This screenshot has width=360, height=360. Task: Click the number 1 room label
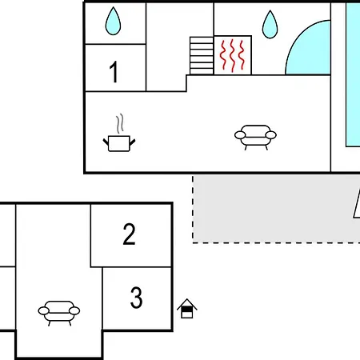point(114,72)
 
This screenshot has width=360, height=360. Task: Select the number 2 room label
point(130,234)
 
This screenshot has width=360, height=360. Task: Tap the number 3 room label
point(136,297)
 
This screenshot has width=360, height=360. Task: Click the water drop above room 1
point(113,21)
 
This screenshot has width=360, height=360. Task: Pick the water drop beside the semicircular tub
point(270,24)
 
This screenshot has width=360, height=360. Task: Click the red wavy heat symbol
point(233,56)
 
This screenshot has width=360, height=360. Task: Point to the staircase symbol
point(202,55)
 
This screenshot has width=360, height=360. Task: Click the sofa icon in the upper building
point(255,138)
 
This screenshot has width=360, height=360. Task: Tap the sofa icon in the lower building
point(59,313)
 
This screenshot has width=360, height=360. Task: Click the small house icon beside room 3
point(187,309)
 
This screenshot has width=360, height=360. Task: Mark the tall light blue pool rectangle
point(353,74)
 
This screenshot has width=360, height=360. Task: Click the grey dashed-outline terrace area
point(276,209)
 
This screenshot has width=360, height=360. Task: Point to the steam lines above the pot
point(120,123)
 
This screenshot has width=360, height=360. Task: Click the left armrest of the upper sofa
point(240,135)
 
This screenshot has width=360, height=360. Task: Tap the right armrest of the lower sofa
point(74,311)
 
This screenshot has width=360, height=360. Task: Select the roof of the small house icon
point(187,304)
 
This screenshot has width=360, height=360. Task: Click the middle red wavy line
point(233,56)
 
